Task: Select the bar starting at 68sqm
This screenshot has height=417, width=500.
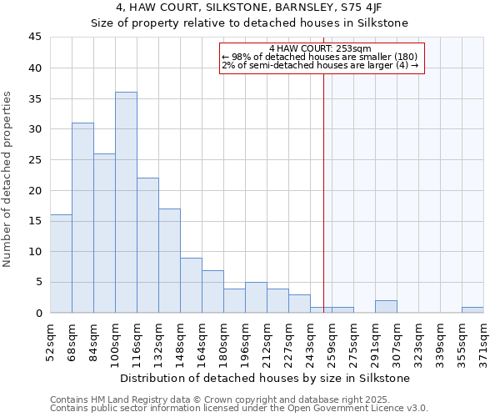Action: (x=82, y=218)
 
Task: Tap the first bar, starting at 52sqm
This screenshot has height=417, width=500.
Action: (x=61, y=264)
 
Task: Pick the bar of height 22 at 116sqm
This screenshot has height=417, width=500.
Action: (x=147, y=245)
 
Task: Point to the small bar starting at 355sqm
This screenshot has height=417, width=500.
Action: (x=472, y=309)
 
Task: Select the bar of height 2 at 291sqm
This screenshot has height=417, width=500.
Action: (x=386, y=307)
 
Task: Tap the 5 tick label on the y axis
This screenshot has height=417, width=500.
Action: (x=37, y=282)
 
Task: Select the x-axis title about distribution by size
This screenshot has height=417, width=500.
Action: (x=266, y=378)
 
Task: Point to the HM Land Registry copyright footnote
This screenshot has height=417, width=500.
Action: (x=238, y=399)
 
